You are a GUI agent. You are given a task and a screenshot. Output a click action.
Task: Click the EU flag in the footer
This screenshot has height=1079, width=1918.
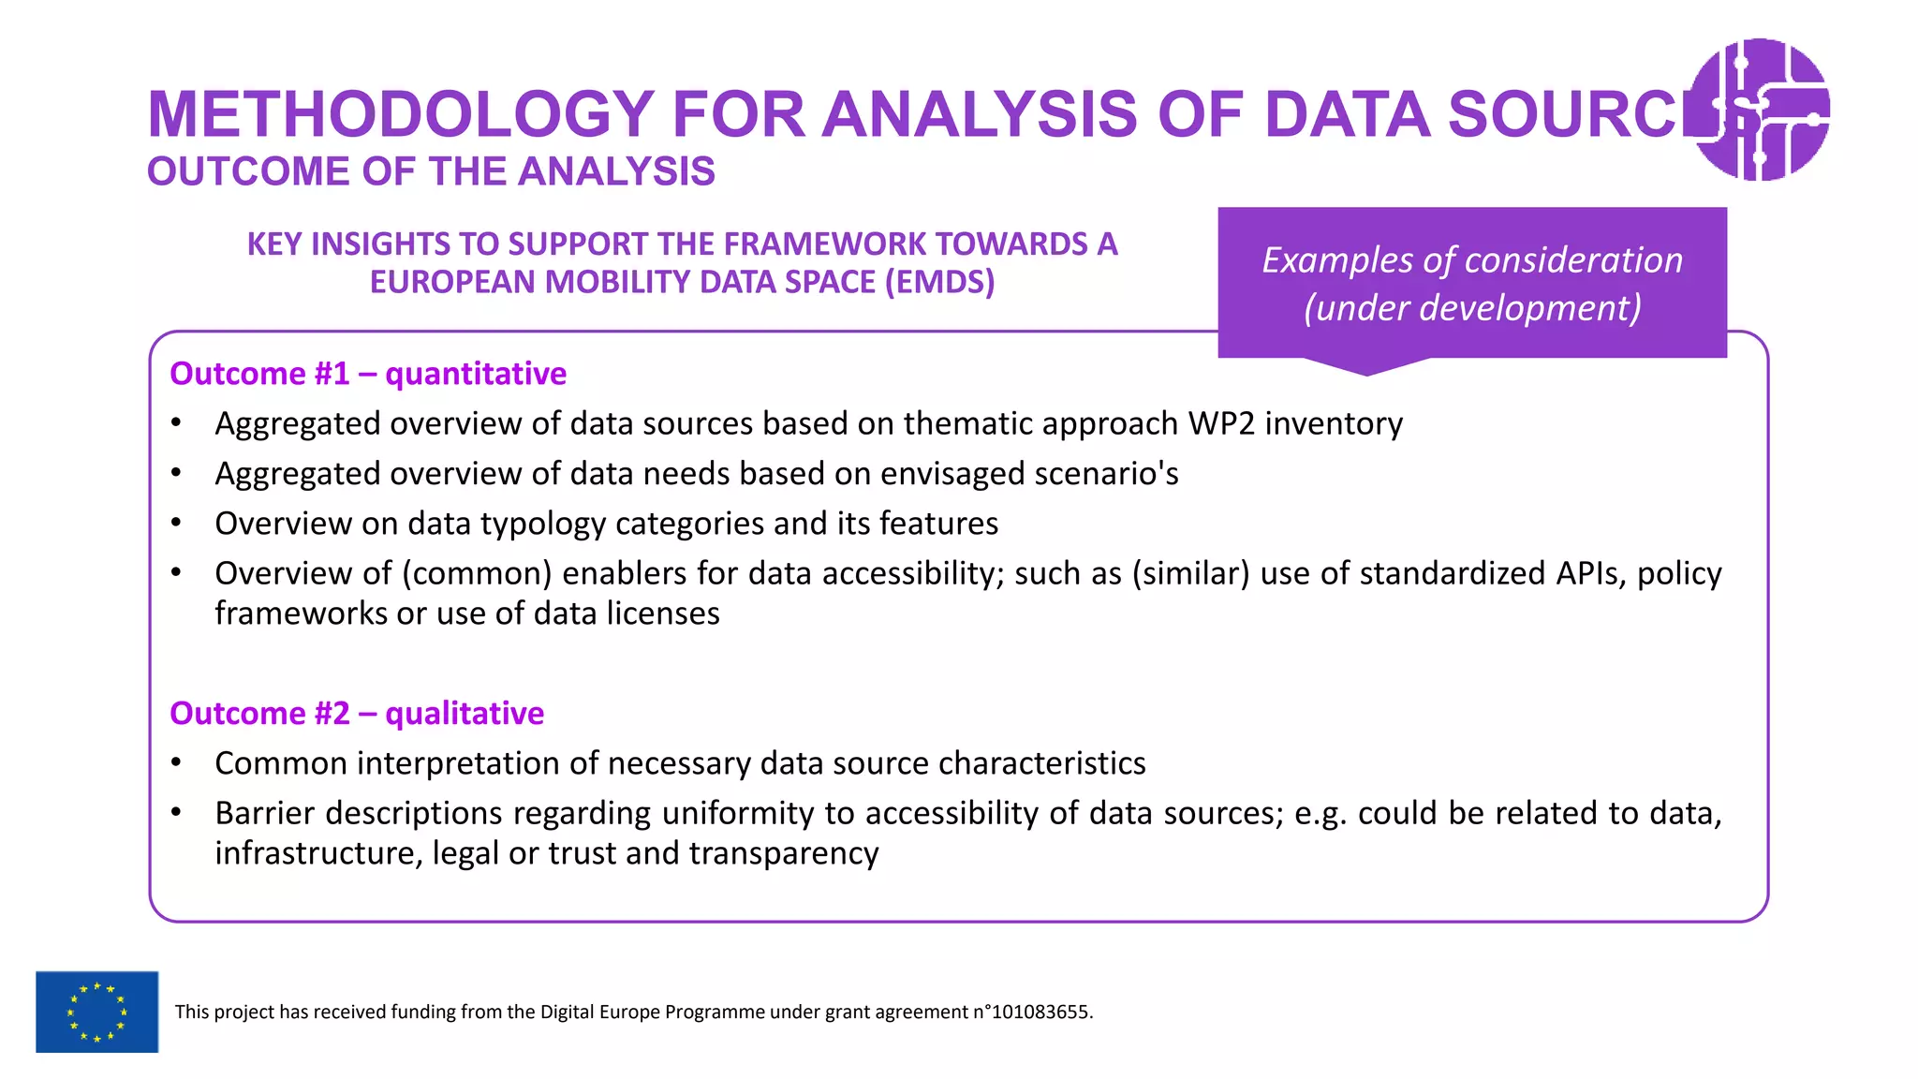click(x=97, y=1012)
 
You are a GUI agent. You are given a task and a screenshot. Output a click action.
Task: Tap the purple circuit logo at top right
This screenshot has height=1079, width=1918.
click(x=1761, y=109)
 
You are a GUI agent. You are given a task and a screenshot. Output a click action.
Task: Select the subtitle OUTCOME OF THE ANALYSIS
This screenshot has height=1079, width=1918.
click(x=431, y=171)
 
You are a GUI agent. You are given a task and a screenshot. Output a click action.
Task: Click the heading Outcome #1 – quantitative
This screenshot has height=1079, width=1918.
click(x=368, y=374)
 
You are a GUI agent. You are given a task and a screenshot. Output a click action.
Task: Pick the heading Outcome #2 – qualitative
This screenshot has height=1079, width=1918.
click(x=357, y=714)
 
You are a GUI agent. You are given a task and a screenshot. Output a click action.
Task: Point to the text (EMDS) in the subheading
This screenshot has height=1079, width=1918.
click(x=939, y=282)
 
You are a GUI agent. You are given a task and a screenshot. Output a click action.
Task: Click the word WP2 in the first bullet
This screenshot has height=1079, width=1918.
click(x=1220, y=423)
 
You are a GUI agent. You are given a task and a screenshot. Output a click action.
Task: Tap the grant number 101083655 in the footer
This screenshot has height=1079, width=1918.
click(x=1040, y=1012)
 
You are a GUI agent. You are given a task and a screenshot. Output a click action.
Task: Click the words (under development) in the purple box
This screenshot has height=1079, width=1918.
click(x=1472, y=308)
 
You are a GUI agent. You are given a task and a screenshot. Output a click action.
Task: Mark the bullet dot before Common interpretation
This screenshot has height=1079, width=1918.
click(x=176, y=763)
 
